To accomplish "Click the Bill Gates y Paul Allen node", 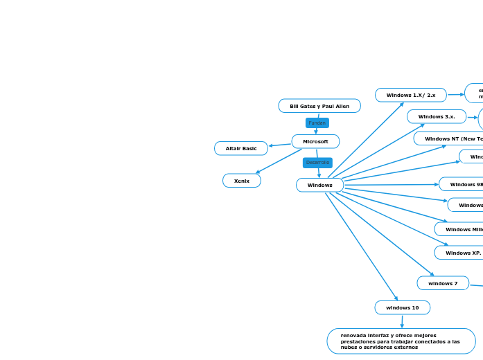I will (x=319, y=106).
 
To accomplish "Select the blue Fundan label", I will (x=317, y=123).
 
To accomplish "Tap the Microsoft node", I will (x=315, y=141).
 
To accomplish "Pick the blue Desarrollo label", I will (x=317, y=163).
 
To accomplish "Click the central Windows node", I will (x=319, y=185).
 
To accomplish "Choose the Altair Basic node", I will (x=240, y=148).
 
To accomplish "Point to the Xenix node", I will (x=241, y=181).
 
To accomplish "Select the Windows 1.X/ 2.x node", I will (x=410, y=95).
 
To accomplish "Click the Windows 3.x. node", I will (x=436, y=116).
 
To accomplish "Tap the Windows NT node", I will (x=450, y=138).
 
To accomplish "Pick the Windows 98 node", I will (x=463, y=184).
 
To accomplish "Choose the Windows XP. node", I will (x=461, y=253).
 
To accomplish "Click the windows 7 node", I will (x=442, y=283).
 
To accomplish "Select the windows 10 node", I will (x=402, y=307).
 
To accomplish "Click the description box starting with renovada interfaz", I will (x=401, y=341).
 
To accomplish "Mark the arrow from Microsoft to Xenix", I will (x=279, y=161).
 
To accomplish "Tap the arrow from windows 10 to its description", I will (x=402, y=321).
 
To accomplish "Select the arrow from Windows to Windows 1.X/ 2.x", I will (x=365, y=141).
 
